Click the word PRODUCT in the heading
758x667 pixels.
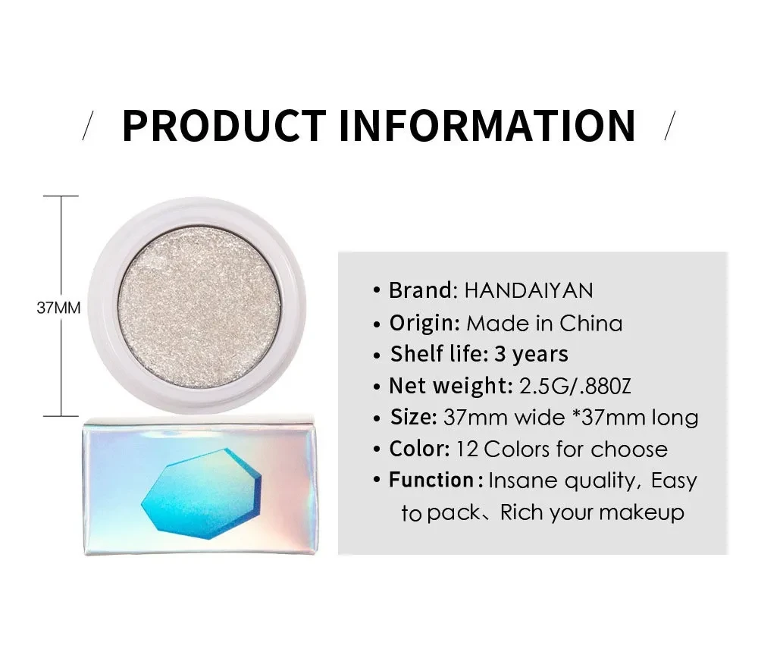[x=224, y=126]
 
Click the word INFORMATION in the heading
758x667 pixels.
[x=487, y=126]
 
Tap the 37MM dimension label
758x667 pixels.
[x=58, y=308]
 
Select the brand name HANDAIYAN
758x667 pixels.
[x=528, y=290]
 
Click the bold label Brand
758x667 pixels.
[x=421, y=290]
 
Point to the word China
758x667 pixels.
[x=590, y=324]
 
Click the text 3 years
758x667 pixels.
[x=531, y=354]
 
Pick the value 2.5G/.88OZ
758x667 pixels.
[x=575, y=387]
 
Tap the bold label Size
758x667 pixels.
[x=413, y=417]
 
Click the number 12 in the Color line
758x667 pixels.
[x=467, y=449]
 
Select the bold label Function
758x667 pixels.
[x=431, y=481]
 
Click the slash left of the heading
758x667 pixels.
[x=87, y=126]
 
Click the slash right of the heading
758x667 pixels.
[x=670, y=126]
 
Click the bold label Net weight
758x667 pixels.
[x=450, y=387]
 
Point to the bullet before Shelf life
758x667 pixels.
[x=377, y=356]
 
